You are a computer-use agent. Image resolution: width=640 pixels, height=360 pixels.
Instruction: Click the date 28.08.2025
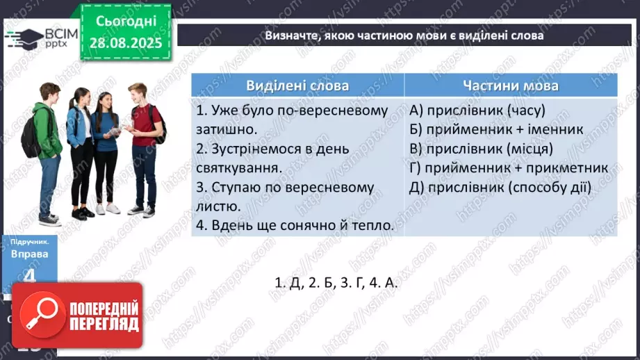coord(125,42)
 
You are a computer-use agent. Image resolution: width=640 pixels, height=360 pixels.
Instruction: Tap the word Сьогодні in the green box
coord(125,22)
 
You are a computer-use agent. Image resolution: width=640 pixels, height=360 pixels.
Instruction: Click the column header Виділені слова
coord(297,85)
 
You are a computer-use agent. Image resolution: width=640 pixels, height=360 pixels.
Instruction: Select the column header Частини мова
coord(511,85)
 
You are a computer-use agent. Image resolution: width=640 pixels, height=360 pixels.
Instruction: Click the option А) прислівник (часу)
coord(468,111)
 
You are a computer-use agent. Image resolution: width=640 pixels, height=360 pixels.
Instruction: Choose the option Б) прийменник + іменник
coord(496,129)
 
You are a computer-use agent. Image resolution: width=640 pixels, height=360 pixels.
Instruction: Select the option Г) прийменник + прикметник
coord(509,168)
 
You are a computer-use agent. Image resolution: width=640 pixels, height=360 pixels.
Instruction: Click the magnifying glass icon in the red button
coord(40,316)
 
